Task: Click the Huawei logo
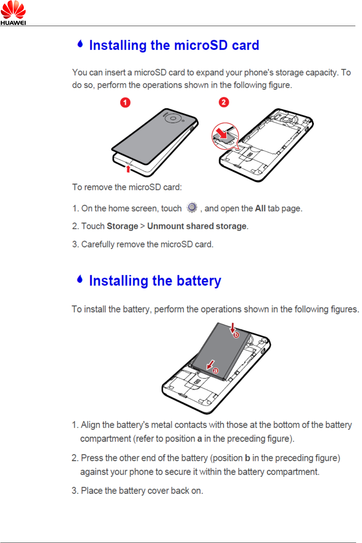click(13, 12)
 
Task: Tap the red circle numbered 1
click(125, 103)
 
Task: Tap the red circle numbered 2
click(224, 102)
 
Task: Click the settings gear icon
click(192, 208)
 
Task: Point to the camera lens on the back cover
click(172, 118)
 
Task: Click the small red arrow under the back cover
click(128, 168)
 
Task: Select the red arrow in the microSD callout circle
click(221, 133)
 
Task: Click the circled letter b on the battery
click(236, 335)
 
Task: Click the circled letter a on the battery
click(216, 371)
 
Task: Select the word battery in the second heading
click(199, 281)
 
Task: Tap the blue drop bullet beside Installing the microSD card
click(80, 44)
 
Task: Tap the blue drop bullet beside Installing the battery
click(80, 279)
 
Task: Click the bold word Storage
click(122, 226)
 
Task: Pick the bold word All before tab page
click(260, 209)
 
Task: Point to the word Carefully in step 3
click(98, 245)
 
